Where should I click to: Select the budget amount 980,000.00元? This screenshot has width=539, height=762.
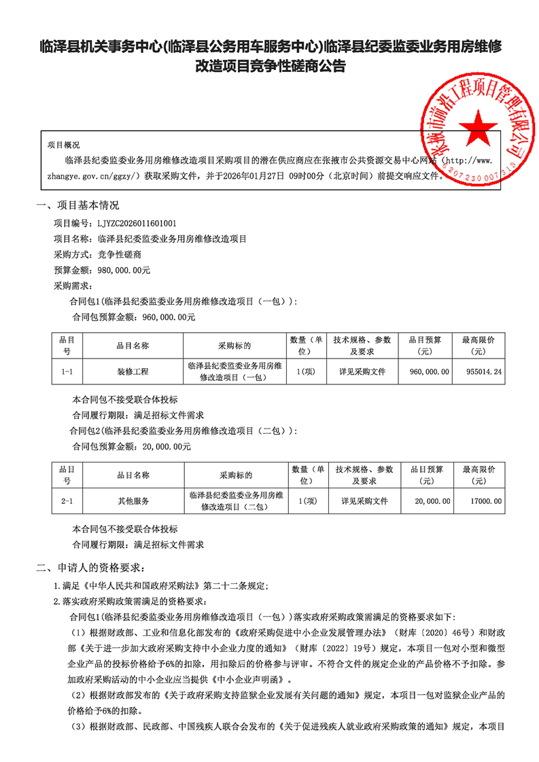(124, 270)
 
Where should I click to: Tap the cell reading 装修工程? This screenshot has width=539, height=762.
(133, 372)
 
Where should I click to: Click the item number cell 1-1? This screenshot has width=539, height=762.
(67, 372)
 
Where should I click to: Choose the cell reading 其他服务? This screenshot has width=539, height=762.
(133, 501)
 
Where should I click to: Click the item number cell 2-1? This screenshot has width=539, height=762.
(67, 501)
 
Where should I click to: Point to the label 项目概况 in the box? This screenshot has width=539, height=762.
(63, 145)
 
